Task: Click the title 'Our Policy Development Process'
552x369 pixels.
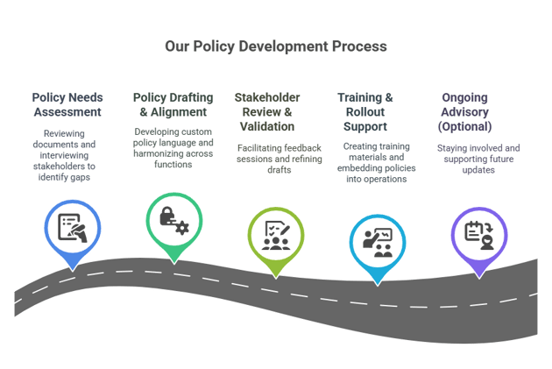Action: tap(276, 46)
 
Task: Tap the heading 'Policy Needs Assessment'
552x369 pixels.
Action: tap(67, 104)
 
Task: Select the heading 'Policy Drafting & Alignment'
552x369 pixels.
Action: tap(173, 104)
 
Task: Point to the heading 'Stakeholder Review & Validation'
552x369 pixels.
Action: tap(267, 112)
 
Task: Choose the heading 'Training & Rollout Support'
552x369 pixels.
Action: tap(365, 112)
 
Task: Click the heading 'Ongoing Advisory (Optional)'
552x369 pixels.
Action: tap(464, 112)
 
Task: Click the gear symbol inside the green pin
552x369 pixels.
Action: tap(182, 228)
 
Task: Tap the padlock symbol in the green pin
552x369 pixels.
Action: tap(167, 216)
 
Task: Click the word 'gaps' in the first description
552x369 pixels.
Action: tap(80, 177)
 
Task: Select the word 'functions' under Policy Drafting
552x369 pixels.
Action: tap(173, 165)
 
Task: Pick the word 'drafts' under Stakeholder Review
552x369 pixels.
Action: tap(280, 170)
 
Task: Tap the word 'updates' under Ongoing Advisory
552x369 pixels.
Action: tap(478, 170)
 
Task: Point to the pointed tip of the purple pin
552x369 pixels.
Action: tap(479, 279)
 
